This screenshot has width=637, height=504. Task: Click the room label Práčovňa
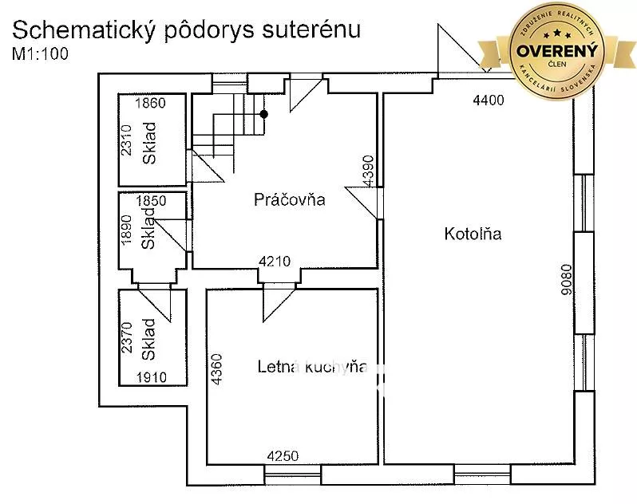[289, 199]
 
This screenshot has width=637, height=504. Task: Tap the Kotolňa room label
[472, 234]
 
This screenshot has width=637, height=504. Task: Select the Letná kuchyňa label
[312, 367]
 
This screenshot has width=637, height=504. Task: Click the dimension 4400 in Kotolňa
[489, 100]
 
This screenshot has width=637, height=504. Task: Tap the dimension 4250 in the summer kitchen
[283, 456]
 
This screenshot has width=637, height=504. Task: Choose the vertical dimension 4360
[216, 370]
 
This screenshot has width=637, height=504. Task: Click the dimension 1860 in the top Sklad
[150, 103]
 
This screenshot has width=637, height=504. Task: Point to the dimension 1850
[151, 201]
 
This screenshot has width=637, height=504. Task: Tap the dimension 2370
[125, 338]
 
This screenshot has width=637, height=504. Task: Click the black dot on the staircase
[264, 114]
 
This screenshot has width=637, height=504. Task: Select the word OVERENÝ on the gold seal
[558, 49]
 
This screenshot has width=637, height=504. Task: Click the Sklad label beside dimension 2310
[150, 144]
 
